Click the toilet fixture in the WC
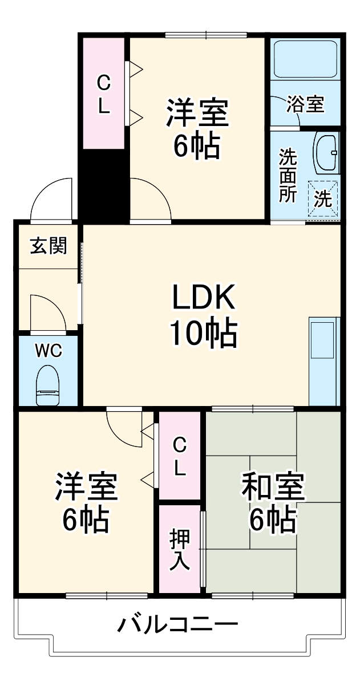47,385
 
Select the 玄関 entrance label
48,246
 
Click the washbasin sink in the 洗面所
326,152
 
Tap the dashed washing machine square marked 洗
323,199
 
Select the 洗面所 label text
288,176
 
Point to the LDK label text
203,298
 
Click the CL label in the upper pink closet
103,95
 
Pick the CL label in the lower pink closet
179,456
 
